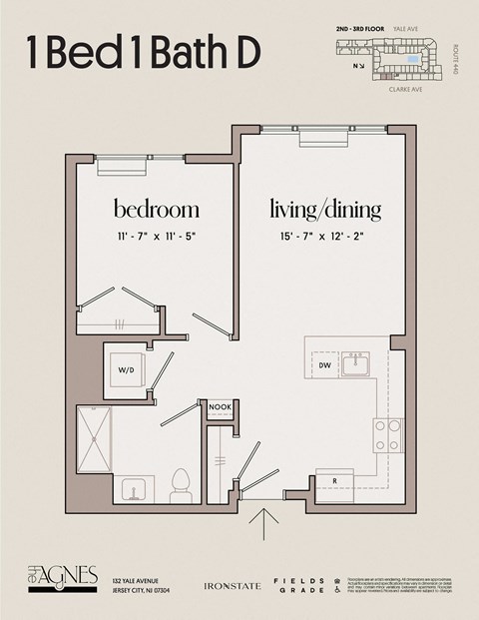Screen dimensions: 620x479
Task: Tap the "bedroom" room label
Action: [156, 210]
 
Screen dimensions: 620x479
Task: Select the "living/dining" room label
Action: [325, 210]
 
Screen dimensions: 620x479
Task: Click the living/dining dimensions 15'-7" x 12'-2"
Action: [325, 237]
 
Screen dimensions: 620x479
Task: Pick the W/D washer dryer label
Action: [127, 369]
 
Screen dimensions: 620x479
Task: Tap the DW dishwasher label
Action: [324, 366]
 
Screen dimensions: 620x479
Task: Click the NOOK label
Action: [220, 407]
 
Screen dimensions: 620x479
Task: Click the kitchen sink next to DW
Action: [357, 365]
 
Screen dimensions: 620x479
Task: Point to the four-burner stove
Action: [388, 435]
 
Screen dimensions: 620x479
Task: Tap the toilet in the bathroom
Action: [181, 485]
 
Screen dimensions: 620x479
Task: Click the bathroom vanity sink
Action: [132, 489]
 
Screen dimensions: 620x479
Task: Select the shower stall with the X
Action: [94, 438]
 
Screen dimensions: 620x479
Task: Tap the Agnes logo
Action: [62, 576]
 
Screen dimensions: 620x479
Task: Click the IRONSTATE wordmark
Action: [232, 586]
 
